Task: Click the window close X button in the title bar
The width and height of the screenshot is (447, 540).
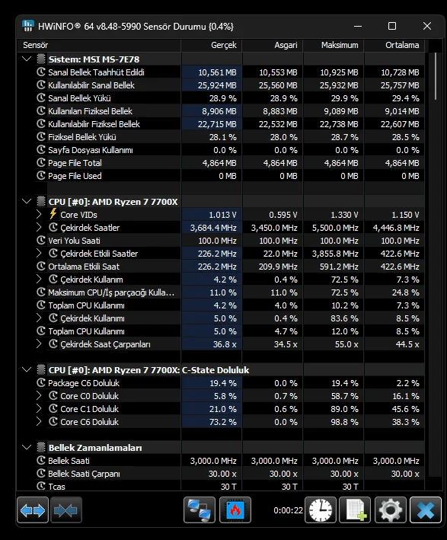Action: point(427,26)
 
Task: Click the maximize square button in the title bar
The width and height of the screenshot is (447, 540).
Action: point(392,26)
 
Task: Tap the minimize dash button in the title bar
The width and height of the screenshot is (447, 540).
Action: point(358,26)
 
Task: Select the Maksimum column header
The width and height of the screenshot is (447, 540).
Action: point(340,45)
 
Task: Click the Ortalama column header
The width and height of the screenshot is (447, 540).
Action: point(402,45)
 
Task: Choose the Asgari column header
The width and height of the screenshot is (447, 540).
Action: point(286,45)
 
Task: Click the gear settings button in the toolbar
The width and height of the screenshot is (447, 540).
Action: point(390,510)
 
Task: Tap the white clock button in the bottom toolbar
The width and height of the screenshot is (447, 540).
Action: point(321,510)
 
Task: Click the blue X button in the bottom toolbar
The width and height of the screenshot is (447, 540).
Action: point(426,510)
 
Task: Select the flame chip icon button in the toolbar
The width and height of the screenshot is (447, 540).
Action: point(235,510)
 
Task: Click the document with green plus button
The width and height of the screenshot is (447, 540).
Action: point(355,510)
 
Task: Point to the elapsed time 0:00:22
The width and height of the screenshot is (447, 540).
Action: point(288,510)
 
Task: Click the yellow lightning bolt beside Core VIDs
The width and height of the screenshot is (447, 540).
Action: point(53,214)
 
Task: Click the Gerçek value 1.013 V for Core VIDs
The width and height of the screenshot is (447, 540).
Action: point(222,215)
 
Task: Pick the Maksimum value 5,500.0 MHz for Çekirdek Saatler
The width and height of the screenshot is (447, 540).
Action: point(335,228)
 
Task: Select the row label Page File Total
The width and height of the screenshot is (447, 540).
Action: point(75,163)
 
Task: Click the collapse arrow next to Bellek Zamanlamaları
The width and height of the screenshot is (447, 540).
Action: point(27,447)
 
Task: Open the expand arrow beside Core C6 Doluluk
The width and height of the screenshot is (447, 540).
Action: point(39,421)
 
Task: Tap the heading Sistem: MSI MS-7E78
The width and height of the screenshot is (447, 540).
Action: point(94,59)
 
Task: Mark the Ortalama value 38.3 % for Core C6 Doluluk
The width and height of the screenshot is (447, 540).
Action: point(405,422)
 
